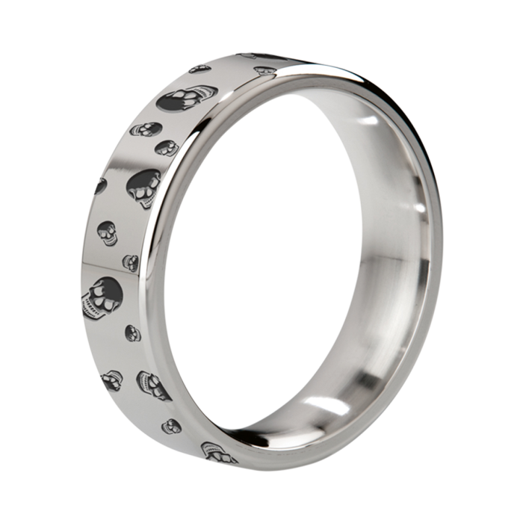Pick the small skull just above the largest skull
pos(131,262)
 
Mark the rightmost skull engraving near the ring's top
pos(262,69)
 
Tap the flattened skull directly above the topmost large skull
pos(199,69)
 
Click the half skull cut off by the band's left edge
pos(100,185)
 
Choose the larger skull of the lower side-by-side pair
pos(153,384)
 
